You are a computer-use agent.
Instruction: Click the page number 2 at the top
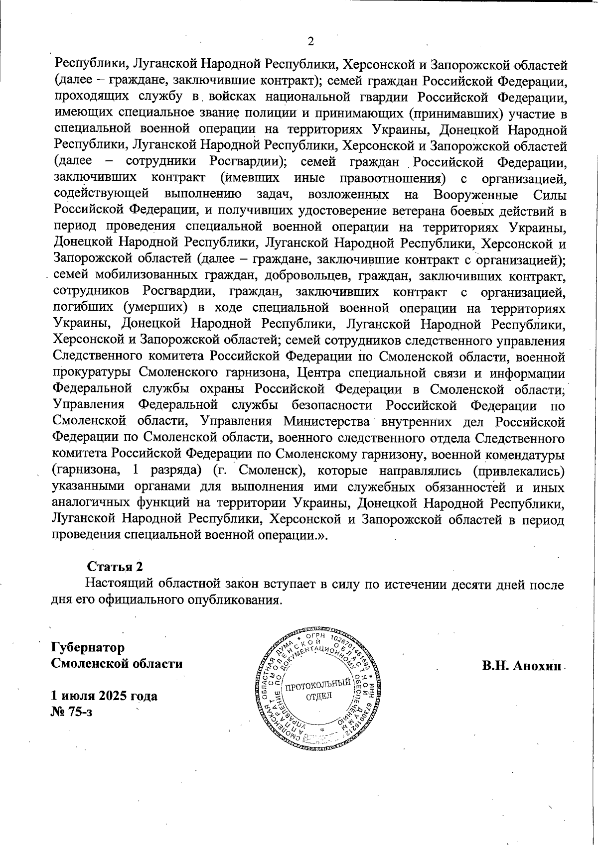[310, 41]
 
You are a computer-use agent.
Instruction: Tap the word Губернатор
[88, 647]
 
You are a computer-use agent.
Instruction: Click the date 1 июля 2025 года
[104, 696]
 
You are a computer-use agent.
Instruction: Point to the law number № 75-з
[72, 712]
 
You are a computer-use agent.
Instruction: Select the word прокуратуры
[92, 373]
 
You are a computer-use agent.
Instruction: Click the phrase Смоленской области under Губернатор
[117, 664]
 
